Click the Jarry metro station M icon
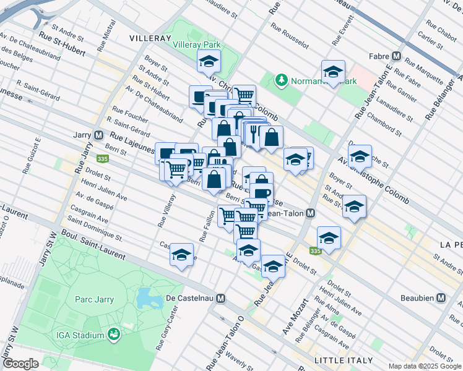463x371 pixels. (x=98, y=135)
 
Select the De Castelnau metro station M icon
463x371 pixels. (x=220, y=298)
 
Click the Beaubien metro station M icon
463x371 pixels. (x=441, y=297)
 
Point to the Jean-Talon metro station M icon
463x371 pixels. (x=311, y=213)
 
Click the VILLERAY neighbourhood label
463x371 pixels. (x=149, y=38)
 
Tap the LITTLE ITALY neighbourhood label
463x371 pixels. (x=344, y=360)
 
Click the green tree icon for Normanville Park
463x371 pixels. (x=282, y=80)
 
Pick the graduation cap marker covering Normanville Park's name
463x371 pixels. (x=333, y=72)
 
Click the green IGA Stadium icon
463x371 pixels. (x=113, y=335)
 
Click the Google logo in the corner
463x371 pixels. (x=20, y=364)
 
